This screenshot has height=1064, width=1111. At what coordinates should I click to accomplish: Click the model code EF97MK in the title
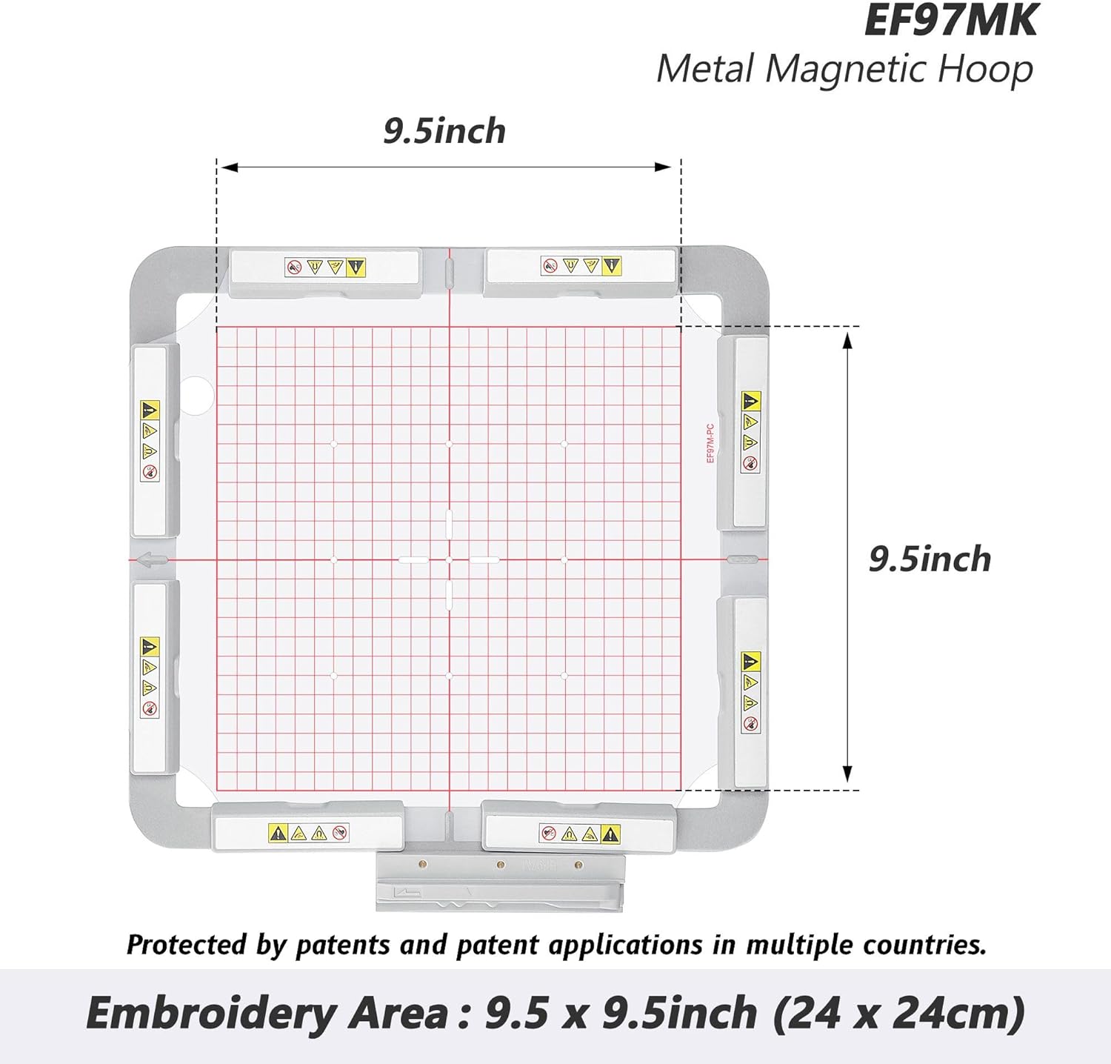pyautogui.click(x=950, y=21)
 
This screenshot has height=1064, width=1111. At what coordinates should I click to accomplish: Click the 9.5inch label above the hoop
pyautogui.click(x=444, y=131)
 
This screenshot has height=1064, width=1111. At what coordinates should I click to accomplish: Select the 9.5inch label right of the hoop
pyautogui.click(x=930, y=559)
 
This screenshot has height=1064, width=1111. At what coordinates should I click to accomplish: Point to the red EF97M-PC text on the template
pyautogui.click(x=710, y=443)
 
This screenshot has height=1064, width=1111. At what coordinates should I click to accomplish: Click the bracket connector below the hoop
pyautogui.click(x=500, y=882)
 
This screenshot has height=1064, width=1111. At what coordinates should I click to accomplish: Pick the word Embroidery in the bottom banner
pyautogui.click(x=210, y=1014)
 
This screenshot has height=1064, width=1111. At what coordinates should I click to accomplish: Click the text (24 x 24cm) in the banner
pyautogui.click(x=898, y=1014)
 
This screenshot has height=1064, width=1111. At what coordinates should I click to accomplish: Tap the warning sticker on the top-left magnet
pyautogui.click(x=325, y=267)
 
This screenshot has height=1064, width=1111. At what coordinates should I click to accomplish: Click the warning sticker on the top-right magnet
pyautogui.click(x=581, y=266)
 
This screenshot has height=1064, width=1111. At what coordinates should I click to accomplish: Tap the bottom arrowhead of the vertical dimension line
pyautogui.click(x=848, y=774)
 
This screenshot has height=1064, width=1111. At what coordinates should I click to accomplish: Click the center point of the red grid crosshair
pyautogui.click(x=449, y=559)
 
